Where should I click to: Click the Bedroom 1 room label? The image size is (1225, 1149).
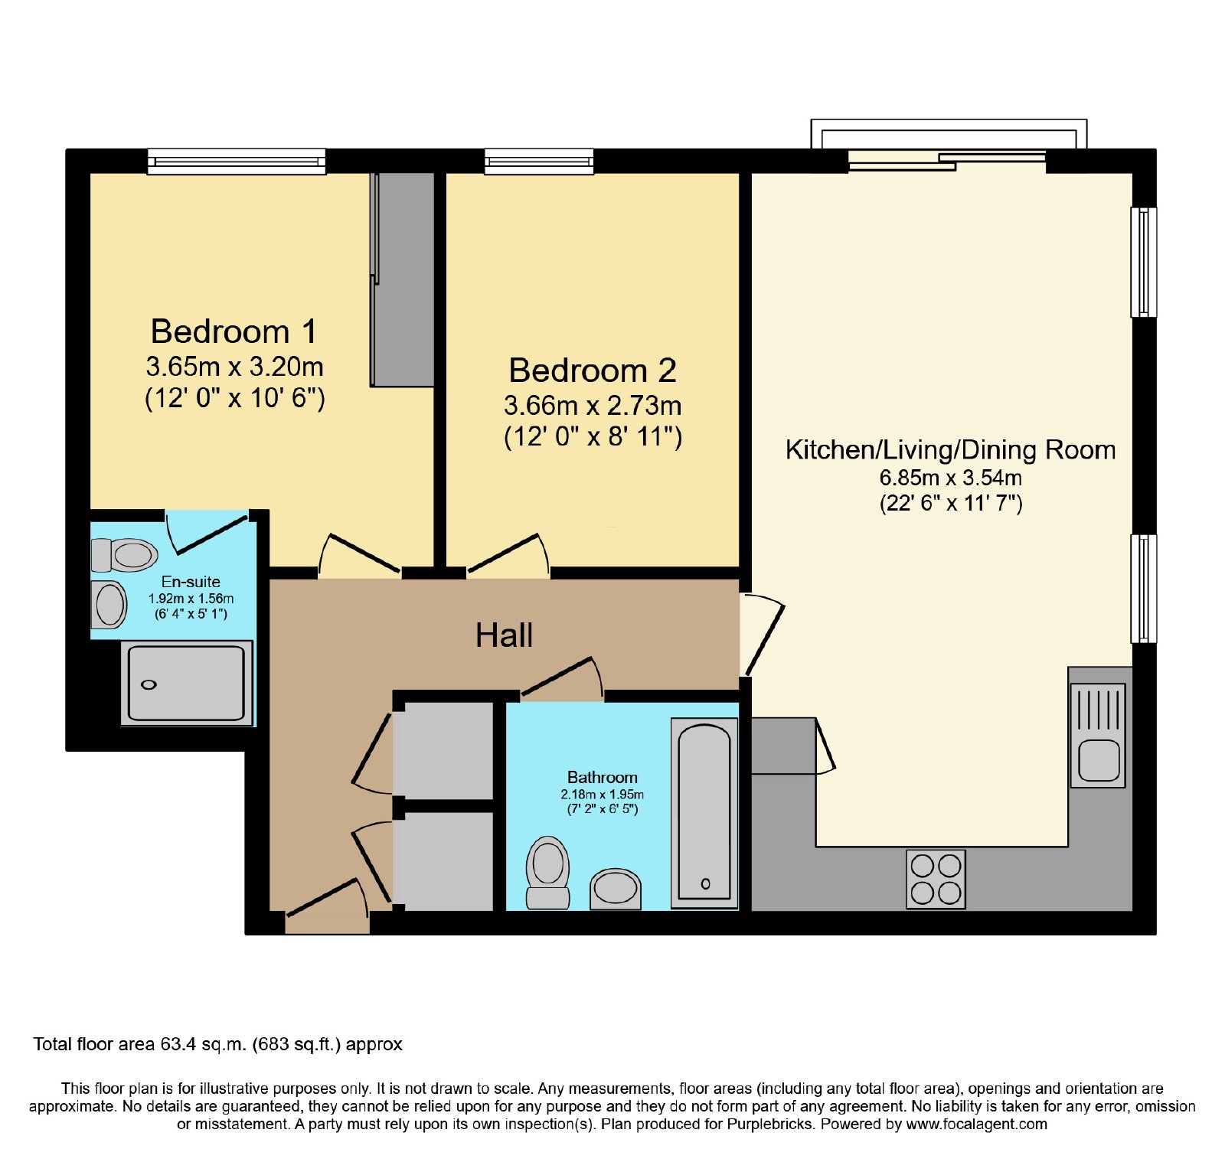coord(234,331)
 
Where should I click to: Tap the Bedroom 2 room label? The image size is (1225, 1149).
coord(593,370)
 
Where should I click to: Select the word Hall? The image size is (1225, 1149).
coord(504,635)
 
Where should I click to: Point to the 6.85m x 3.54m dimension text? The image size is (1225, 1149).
coord(950,478)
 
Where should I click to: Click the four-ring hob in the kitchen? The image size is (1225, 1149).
coord(936,879)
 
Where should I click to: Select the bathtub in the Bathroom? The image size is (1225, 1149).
coord(704,812)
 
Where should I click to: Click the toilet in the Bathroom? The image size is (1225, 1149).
coord(547,873)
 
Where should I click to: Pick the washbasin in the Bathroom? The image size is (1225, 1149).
coord(616,889)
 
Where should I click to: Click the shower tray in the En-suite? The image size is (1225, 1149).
coord(187,683)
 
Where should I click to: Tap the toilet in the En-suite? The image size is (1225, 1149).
coord(124,554)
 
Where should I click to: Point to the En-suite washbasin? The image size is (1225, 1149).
coord(109,605)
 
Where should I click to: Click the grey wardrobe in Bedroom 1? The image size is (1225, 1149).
coord(403,279)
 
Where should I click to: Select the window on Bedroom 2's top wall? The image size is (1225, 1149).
coord(539,161)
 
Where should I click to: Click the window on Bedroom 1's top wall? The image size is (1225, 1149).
coord(237,161)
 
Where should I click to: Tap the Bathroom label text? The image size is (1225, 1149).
coord(602,777)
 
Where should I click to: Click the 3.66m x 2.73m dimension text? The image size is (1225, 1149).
coord(593,406)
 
